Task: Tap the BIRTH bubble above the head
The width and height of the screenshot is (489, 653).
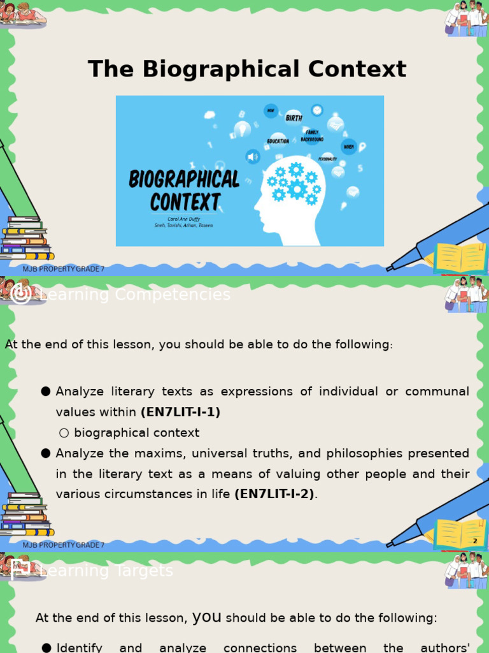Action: pyautogui.click(x=294, y=118)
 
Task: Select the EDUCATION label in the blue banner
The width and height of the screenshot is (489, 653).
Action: pyautogui.click(x=278, y=141)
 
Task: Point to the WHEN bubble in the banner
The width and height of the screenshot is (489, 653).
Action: pyautogui.click(x=349, y=147)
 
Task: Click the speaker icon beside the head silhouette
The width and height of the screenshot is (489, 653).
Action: pyautogui.click(x=253, y=156)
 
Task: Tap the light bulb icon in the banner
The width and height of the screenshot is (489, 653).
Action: pyautogui.click(x=242, y=129)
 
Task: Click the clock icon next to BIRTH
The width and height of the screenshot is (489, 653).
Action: pyautogui.click(x=316, y=110)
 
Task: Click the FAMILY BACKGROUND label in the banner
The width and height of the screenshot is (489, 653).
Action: pyautogui.click(x=312, y=135)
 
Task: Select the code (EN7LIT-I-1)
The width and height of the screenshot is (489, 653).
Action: pyautogui.click(x=180, y=412)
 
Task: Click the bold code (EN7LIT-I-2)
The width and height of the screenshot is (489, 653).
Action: pyautogui.click(x=274, y=494)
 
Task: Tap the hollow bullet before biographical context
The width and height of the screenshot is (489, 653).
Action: pyautogui.click(x=64, y=433)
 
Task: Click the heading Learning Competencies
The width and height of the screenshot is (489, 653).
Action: pyautogui.click(x=135, y=295)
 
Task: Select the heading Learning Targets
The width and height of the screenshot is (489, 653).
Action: pyautogui.click(x=106, y=571)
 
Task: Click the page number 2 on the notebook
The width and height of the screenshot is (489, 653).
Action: pyautogui.click(x=475, y=541)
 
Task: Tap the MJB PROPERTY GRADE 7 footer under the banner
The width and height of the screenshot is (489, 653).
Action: pyautogui.click(x=64, y=268)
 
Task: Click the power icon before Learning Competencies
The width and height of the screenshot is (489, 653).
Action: pyautogui.click(x=21, y=294)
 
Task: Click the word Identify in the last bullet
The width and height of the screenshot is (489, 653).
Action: pyautogui.click(x=80, y=647)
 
